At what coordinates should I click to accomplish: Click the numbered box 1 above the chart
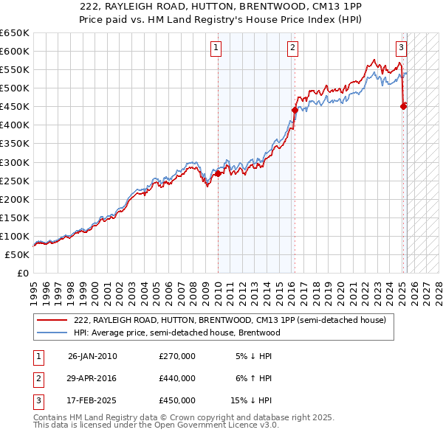[216, 49]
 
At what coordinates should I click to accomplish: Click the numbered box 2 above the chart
[293, 49]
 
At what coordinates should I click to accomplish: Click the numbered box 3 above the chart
[401, 49]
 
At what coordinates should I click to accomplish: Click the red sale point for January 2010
[218, 173]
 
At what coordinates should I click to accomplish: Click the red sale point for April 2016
[295, 110]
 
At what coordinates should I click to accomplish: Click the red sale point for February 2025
[403, 106]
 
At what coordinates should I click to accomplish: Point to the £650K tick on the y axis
[15, 33]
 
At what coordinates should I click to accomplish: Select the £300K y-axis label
[15, 162]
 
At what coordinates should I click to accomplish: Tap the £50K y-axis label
[17, 254]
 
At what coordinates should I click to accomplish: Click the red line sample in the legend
[52, 321]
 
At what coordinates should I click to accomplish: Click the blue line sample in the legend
[52, 333]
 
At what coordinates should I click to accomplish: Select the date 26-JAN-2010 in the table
[92, 356]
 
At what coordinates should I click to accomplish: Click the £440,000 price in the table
[177, 378]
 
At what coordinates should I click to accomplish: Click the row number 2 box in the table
[38, 378]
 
